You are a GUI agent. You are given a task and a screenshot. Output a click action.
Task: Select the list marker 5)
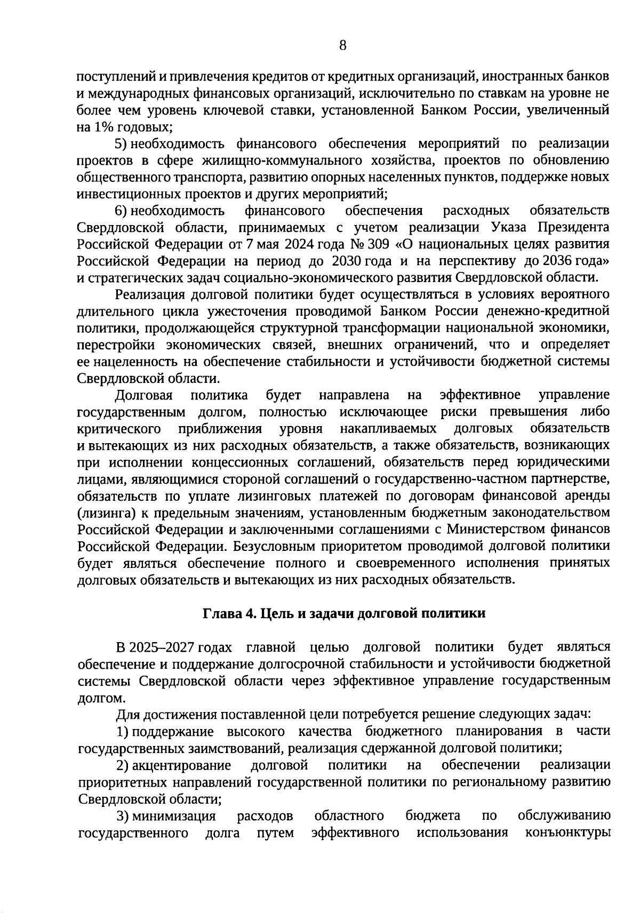[122, 144]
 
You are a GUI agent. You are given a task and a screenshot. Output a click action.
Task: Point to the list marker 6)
[122, 211]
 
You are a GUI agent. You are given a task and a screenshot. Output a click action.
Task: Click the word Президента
[573, 228]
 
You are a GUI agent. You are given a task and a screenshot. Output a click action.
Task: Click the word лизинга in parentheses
[105, 513]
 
